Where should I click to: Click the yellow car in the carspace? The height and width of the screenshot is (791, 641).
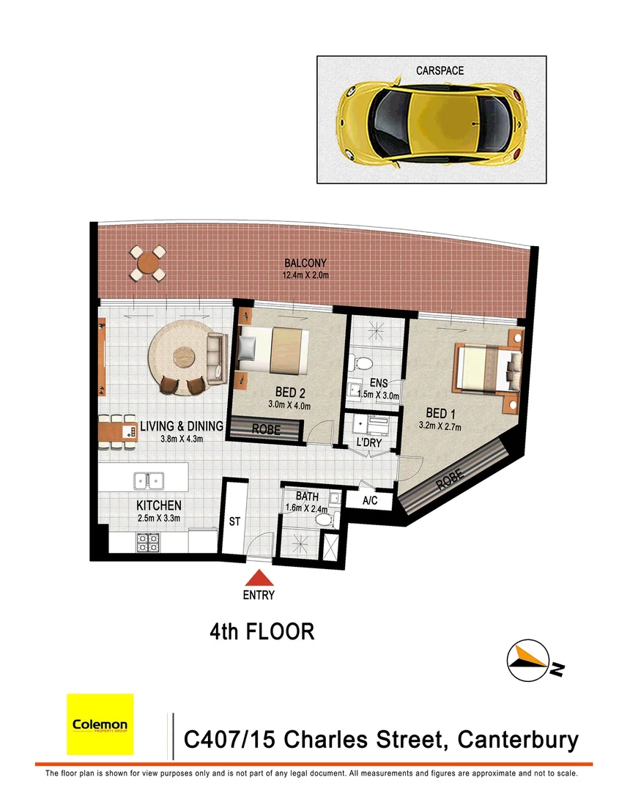pyautogui.click(x=431, y=122)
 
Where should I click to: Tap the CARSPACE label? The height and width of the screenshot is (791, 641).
pyautogui.click(x=440, y=71)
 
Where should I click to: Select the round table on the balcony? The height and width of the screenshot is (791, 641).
pyautogui.click(x=149, y=263)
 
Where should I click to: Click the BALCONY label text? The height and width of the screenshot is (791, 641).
pyautogui.click(x=305, y=263)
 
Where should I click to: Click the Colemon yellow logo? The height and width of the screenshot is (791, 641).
pyautogui.click(x=100, y=724)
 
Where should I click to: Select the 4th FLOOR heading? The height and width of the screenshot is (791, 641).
pyautogui.click(x=262, y=631)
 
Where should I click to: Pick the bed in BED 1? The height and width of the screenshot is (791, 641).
pyautogui.click(x=487, y=367)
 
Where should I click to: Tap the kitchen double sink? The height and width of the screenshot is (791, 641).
pyautogui.click(x=149, y=480)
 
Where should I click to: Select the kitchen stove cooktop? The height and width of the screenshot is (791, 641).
pyautogui.click(x=148, y=542)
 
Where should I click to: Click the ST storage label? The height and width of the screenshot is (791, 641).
pyautogui.click(x=235, y=522)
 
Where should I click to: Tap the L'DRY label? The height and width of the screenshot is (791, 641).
pyautogui.click(x=370, y=443)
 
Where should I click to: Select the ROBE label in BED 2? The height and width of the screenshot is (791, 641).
pyautogui.click(x=266, y=430)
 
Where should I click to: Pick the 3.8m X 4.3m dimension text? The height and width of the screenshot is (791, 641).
pyautogui.click(x=171, y=439)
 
